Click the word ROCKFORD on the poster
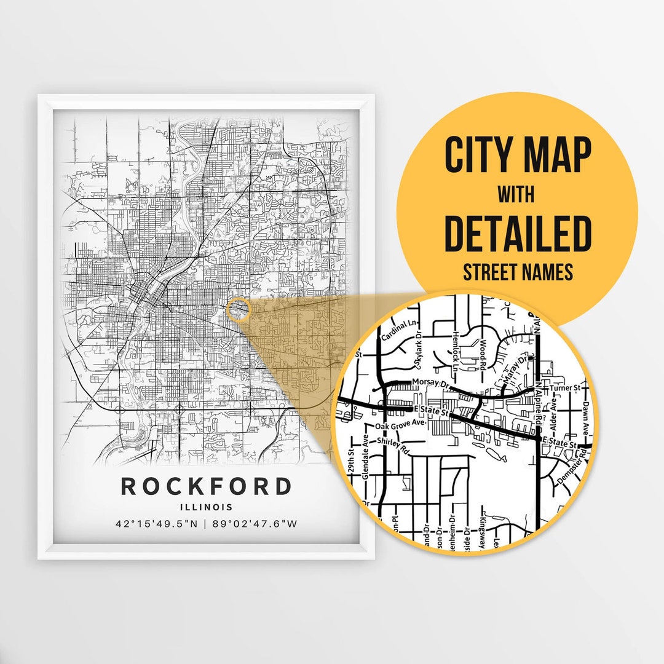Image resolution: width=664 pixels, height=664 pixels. [206, 486]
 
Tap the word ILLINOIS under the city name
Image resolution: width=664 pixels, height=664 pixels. [206, 507]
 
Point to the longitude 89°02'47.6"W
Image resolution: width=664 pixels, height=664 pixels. [255, 524]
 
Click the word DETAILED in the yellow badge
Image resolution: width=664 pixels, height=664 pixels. [517, 234]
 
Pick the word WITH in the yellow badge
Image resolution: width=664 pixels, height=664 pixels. [516, 195]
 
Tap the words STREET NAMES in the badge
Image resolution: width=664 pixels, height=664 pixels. [517, 272]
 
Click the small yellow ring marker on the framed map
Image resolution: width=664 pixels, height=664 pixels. [239, 309]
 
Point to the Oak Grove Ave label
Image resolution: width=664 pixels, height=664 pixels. [400, 425]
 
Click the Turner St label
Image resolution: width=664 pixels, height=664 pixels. [566, 389]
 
